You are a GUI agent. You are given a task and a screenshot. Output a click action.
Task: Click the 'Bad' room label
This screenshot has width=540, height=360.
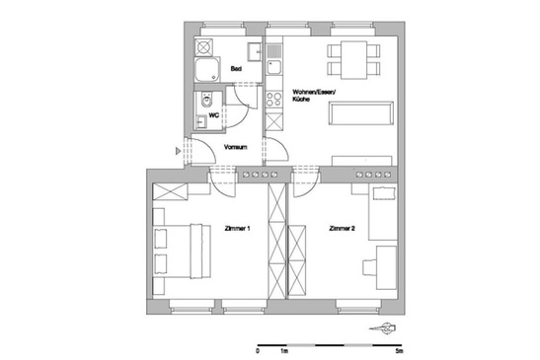point(236,69)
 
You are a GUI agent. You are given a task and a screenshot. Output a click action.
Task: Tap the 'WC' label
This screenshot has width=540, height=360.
point(212,115)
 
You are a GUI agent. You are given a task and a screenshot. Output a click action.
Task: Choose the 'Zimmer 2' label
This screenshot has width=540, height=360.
point(342,229)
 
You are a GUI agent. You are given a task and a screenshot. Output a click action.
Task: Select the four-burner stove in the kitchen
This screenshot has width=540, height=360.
point(274,101)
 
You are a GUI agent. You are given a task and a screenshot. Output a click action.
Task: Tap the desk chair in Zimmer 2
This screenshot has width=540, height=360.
point(369,266)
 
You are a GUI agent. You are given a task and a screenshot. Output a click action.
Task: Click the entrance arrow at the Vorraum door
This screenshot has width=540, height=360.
point(178,151)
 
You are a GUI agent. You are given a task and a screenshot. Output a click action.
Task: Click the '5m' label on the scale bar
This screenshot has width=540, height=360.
point(399,350)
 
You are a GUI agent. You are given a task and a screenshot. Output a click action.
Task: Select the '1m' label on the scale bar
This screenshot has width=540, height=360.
point(284,350)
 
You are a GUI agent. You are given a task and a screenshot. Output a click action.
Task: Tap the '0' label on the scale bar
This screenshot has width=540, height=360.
point(257,350)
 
